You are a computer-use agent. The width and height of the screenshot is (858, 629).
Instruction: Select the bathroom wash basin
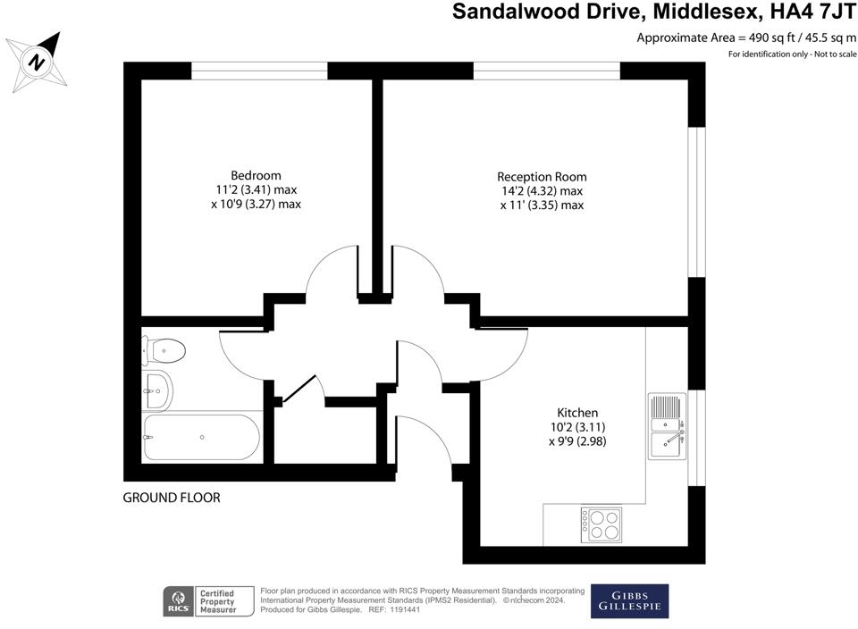click(158, 387)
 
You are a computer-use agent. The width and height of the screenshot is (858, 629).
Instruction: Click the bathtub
click(201, 437)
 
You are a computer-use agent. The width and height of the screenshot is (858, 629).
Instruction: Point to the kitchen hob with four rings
click(601, 524)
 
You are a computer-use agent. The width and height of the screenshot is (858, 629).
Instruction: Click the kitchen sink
click(668, 426)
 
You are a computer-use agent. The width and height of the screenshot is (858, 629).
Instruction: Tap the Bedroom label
click(256, 175)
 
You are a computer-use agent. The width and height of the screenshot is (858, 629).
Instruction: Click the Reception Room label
click(542, 177)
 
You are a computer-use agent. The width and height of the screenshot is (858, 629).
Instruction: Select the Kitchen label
click(577, 413)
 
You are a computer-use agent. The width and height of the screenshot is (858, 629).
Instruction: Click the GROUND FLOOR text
click(171, 498)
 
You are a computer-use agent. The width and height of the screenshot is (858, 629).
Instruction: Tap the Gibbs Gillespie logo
click(629, 601)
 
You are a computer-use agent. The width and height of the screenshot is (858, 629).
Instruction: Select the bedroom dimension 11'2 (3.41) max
click(256, 189)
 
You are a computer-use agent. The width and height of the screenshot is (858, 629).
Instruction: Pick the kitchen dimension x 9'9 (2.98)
click(577, 441)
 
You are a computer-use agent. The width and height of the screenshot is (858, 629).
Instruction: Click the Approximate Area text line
click(746, 38)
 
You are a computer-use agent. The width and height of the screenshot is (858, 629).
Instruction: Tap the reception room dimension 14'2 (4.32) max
click(542, 191)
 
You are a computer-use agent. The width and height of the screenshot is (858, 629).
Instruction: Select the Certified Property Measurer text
click(218, 601)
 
